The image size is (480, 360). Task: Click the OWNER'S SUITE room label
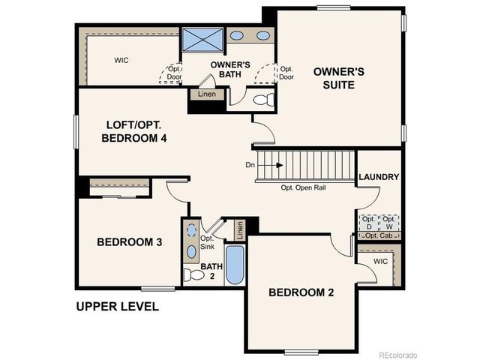click(338, 78)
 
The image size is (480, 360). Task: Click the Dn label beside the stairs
click(250, 165)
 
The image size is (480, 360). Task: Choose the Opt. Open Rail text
click(303, 187)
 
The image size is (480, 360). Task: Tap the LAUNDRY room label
click(379, 177)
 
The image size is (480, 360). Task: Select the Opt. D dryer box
click(369, 222)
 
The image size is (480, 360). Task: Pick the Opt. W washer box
click(389, 222)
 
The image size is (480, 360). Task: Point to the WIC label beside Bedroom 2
click(381, 261)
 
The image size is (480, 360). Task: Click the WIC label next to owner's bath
click(123, 59)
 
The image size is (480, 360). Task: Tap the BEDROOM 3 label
click(130, 241)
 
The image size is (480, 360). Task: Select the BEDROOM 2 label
click(301, 292)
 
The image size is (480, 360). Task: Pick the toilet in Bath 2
click(193, 275)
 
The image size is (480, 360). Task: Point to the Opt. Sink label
click(208, 242)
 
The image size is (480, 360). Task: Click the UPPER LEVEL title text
click(118, 307)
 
